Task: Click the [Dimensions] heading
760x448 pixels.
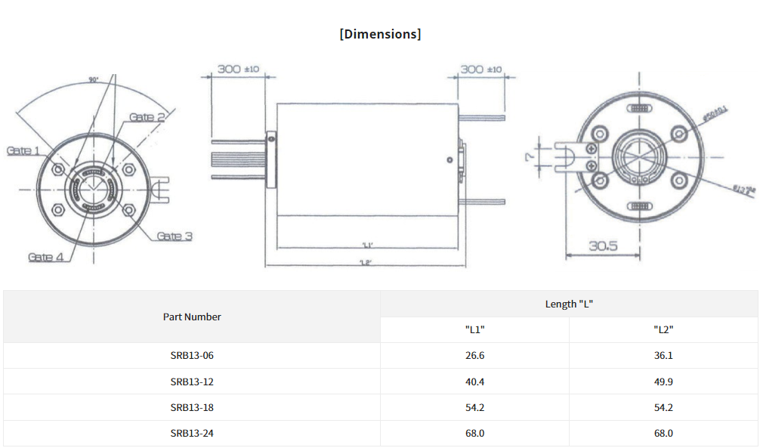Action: (380, 34)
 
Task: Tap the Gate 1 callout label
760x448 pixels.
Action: (23, 150)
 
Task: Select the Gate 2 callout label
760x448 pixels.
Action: (147, 117)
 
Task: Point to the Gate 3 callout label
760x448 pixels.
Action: (175, 236)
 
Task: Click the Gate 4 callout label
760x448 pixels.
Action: (45, 257)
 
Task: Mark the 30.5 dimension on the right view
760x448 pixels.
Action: (603, 246)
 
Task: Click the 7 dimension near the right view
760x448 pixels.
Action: (531, 157)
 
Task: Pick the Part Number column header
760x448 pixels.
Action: (192, 317)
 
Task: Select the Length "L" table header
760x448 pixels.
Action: (569, 304)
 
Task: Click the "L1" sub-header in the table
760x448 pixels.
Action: (474, 329)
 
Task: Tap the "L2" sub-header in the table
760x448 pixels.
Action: (663, 329)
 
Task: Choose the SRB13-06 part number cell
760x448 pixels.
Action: (192, 356)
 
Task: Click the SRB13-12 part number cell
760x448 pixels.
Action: (192, 382)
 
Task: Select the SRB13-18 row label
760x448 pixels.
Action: (192, 407)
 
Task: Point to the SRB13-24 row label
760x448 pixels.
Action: (192, 433)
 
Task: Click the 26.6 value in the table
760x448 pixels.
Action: (474, 356)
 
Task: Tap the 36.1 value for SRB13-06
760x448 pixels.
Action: (663, 356)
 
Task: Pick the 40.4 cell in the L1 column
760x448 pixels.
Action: (474, 382)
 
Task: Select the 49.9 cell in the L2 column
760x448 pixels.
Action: (663, 382)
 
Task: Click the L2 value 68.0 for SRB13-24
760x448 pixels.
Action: (663, 433)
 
